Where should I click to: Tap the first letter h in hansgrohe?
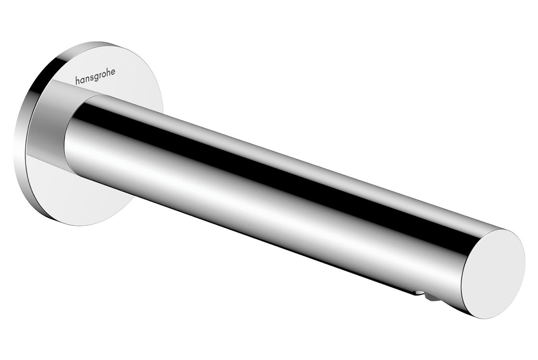77,81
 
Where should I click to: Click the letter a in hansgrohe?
82,80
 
